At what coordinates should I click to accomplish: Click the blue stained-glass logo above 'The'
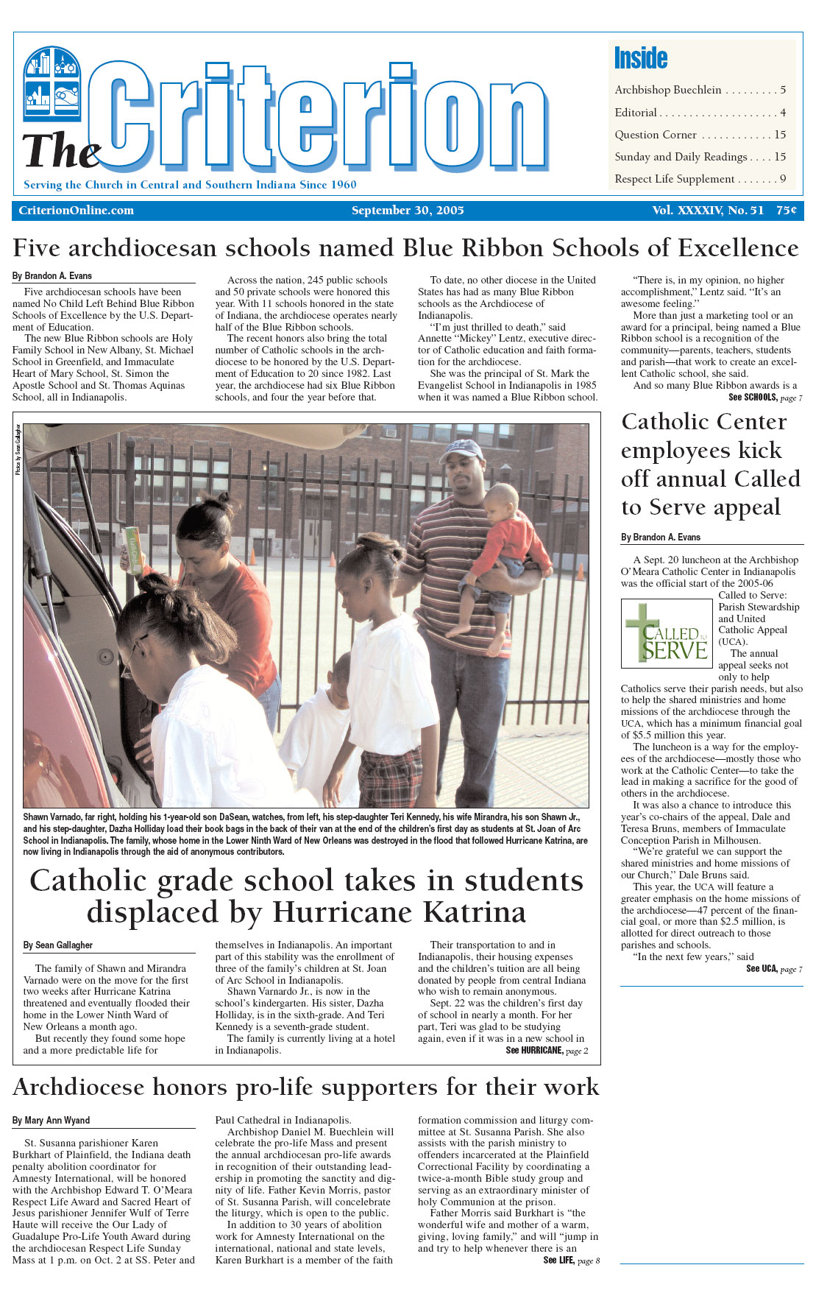[52, 83]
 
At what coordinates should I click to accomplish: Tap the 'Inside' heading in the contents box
[641, 58]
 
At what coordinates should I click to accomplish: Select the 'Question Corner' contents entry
[656, 135]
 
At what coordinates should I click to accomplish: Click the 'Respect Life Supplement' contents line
[675, 179]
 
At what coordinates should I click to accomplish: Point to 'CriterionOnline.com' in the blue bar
[77, 211]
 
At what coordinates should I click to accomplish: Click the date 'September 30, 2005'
[408, 211]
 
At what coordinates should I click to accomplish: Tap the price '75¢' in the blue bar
[786, 211]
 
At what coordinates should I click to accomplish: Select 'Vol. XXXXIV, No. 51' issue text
[708, 211]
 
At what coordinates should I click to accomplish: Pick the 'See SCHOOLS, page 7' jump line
[765, 398]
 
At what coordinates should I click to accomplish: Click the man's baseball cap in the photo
[462, 448]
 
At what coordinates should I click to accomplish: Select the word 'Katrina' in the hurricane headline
[475, 912]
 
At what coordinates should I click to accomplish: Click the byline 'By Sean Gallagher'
[58, 945]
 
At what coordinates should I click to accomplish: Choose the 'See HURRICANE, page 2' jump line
[547, 1051]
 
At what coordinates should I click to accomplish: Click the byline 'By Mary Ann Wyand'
[52, 1120]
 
